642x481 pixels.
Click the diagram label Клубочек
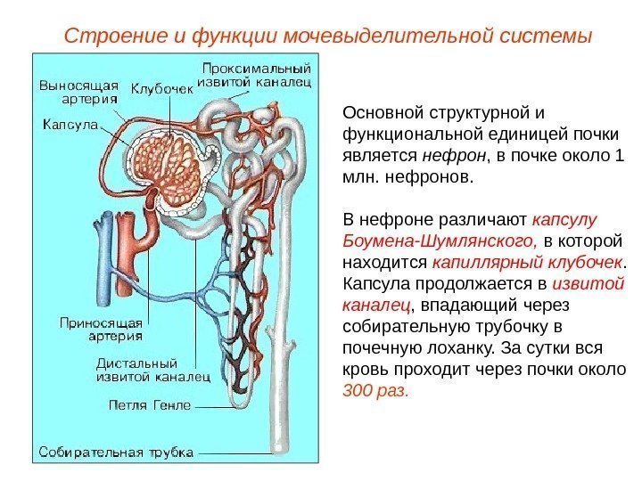tap(163, 88)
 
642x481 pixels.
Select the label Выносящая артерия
tap(78, 93)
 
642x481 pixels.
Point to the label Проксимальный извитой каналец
tap(256, 75)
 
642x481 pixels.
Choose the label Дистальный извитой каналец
tap(152, 370)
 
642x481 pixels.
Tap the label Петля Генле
tap(149, 405)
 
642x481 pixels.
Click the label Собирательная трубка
tap(116, 452)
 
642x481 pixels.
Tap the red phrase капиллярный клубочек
tap(526, 263)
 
